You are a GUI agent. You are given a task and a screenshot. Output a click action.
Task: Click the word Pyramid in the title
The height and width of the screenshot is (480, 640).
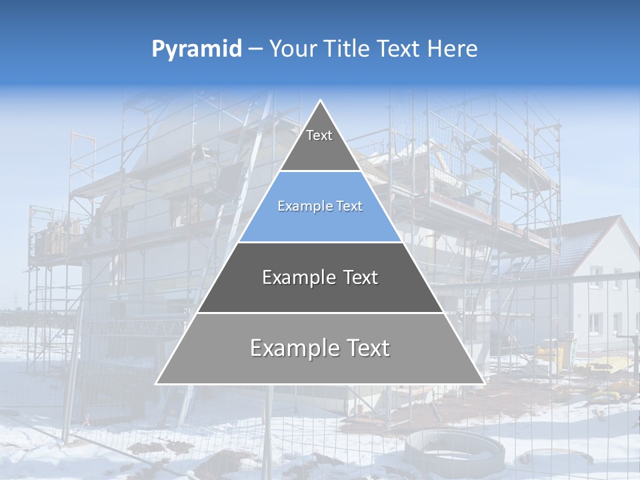click(197, 49)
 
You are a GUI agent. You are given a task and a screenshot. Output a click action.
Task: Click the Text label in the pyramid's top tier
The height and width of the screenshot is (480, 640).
click(319, 135)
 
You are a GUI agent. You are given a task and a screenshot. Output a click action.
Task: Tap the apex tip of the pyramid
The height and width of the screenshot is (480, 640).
click(321, 101)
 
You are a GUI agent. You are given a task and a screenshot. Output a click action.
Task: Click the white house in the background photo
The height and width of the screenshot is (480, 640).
click(603, 293)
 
